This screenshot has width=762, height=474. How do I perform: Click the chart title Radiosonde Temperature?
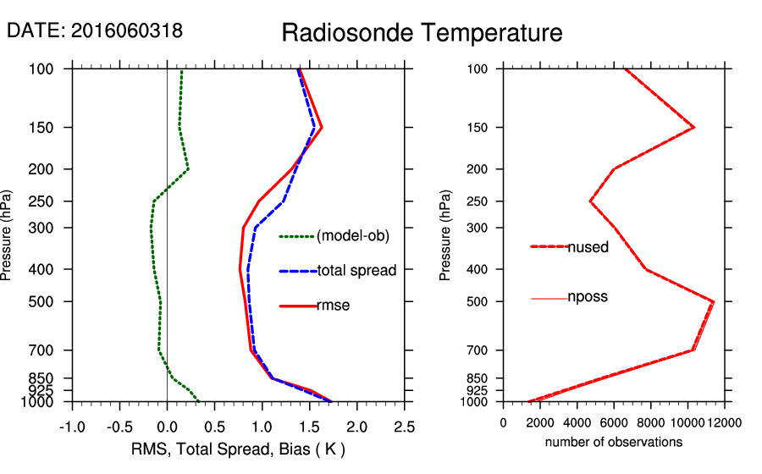(422, 33)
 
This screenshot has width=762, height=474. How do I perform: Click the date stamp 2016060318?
(95, 30)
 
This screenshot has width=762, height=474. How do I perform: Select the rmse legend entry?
(333, 306)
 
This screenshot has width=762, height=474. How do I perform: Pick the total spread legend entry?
(356, 271)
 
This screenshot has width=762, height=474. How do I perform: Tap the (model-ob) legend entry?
(352, 236)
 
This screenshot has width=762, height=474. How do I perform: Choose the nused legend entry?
(588, 247)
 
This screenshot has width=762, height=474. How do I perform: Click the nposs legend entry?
(588, 297)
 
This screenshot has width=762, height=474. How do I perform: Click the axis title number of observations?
(613, 442)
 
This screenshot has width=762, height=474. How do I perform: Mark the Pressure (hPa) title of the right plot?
(446, 235)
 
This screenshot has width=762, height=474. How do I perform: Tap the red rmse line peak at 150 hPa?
(322, 128)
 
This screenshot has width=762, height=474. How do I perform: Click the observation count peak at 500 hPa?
(714, 301)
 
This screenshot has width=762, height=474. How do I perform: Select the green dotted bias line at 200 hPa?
(188, 169)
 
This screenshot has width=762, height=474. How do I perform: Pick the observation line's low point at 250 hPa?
(590, 201)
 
